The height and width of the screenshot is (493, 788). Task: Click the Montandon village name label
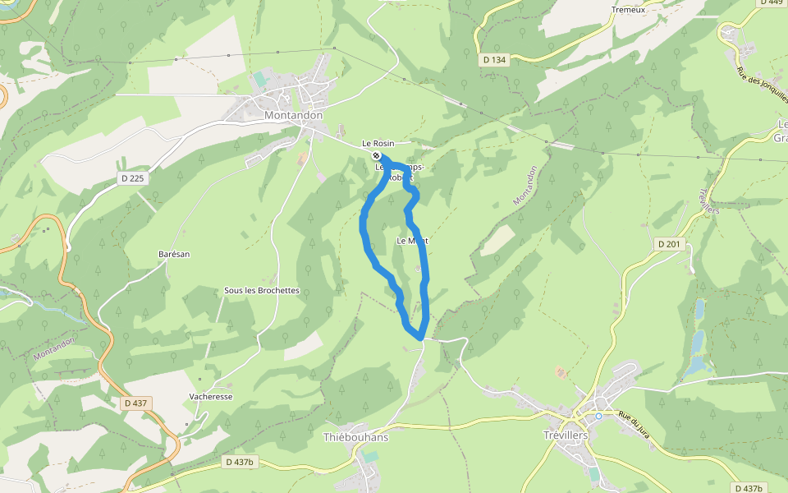[x=293, y=116]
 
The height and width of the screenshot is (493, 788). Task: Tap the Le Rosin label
[x=378, y=144]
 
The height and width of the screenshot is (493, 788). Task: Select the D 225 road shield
[x=131, y=178]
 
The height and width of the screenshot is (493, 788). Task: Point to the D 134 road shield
[x=495, y=59]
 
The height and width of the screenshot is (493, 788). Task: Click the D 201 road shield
[x=670, y=244]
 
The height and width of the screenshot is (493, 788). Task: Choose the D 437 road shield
[x=136, y=403]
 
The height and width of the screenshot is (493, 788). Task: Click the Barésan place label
[x=174, y=254]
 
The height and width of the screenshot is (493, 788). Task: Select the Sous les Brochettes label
[x=262, y=291]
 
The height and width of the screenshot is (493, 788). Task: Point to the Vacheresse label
[x=211, y=396]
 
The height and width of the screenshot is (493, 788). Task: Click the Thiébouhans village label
[x=356, y=437]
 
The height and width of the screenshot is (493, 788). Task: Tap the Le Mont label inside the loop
[x=413, y=241]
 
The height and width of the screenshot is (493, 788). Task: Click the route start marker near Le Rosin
[x=376, y=155]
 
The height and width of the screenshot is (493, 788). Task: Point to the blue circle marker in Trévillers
[x=598, y=416]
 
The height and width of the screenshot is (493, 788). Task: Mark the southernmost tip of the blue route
[x=420, y=337]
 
